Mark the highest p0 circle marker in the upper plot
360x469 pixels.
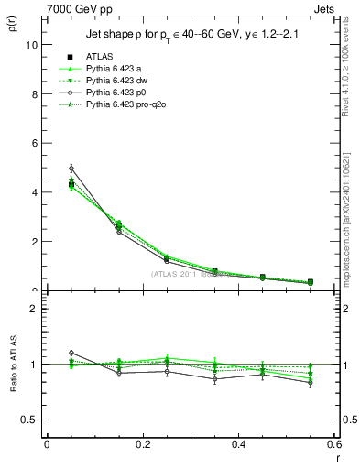71,169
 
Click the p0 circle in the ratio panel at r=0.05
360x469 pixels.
71,353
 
